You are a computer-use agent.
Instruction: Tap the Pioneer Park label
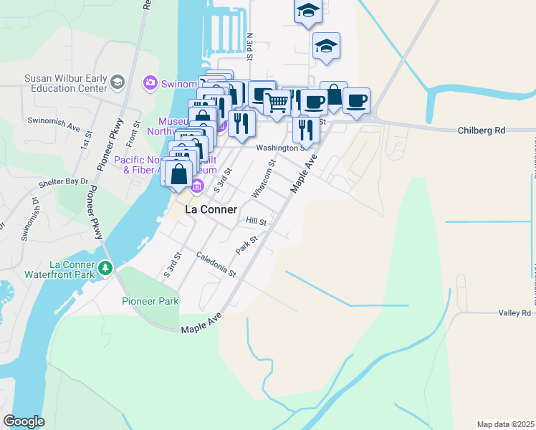pyautogui.click(x=150, y=302)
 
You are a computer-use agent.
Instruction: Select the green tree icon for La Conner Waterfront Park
pyautogui.click(x=106, y=268)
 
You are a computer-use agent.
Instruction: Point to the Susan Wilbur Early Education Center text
pyautogui.click(x=64, y=84)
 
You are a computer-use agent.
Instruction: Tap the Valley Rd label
pyautogui.click(x=515, y=313)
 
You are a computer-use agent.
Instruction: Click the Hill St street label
pyautogui.click(x=256, y=223)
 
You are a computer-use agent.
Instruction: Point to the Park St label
pyautogui.click(x=247, y=244)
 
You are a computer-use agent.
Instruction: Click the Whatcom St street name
pyautogui.click(x=263, y=179)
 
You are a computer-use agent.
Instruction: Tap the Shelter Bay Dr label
pyautogui.click(x=64, y=182)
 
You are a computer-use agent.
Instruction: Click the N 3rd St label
pyautogui.click(x=249, y=46)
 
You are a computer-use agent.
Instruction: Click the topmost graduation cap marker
pyautogui.click(x=307, y=11)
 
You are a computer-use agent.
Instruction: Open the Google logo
pyautogui.click(x=24, y=421)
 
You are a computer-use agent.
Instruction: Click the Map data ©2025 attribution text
pyautogui.click(x=505, y=424)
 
